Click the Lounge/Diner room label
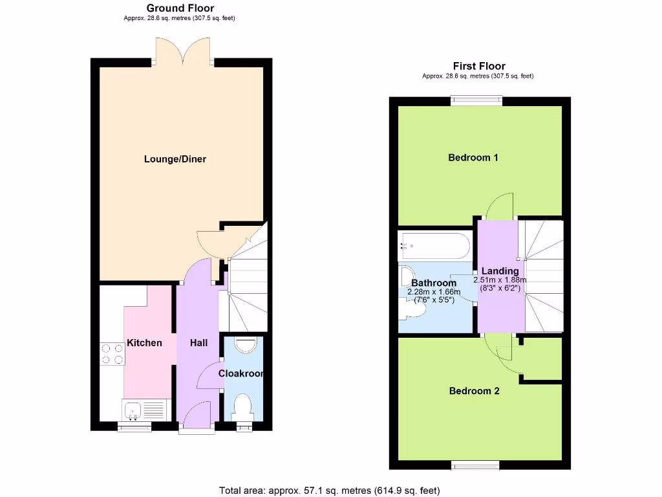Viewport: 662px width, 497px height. pyautogui.click(x=175, y=159)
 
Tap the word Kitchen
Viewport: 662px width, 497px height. pyautogui.click(x=144, y=342)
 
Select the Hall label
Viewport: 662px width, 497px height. pyautogui.click(x=198, y=342)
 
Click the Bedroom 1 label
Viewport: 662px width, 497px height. pyautogui.click(x=473, y=157)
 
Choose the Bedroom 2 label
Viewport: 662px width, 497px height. pyautogui.click(x=474, y=391)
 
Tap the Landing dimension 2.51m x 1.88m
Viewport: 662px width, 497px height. pyautogui.click(x=500, y=280)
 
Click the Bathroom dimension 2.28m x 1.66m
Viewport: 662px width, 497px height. pyautogui.click(x=434, y=292)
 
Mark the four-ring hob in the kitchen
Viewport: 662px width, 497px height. pyautogui.click(x=111, y=354)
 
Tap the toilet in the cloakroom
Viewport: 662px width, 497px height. pyautogui.click(x=243, y=407)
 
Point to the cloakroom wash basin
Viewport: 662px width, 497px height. pyautogui.click(x=246, y=345)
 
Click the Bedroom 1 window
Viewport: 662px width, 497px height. pyautogui.click(x=476, y=100)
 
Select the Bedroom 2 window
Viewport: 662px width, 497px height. pyautogui.click(x=475, y=465)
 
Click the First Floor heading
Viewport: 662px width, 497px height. pyautogui.click(x=478, y=66)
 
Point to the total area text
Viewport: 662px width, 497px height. pyautogui.click(x=330, y=490)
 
